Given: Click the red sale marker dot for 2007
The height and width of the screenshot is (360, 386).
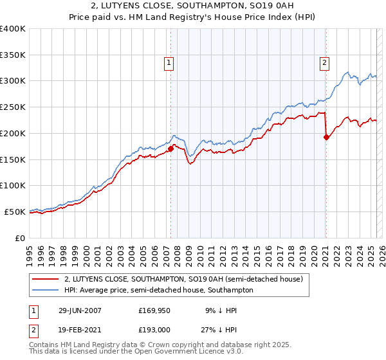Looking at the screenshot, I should pos(171,148).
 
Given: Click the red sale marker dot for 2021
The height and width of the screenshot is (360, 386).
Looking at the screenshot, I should pos(326,136).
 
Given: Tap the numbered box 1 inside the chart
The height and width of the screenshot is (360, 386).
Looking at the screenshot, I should pos(169,62).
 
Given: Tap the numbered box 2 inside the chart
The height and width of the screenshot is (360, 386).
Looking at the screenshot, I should pos(324,62).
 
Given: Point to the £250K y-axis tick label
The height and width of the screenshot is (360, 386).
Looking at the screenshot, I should pos(14,107).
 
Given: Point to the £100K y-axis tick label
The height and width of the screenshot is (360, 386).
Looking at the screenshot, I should pos(14,185).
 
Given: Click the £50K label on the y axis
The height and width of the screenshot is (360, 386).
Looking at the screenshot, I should pos(15,212).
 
